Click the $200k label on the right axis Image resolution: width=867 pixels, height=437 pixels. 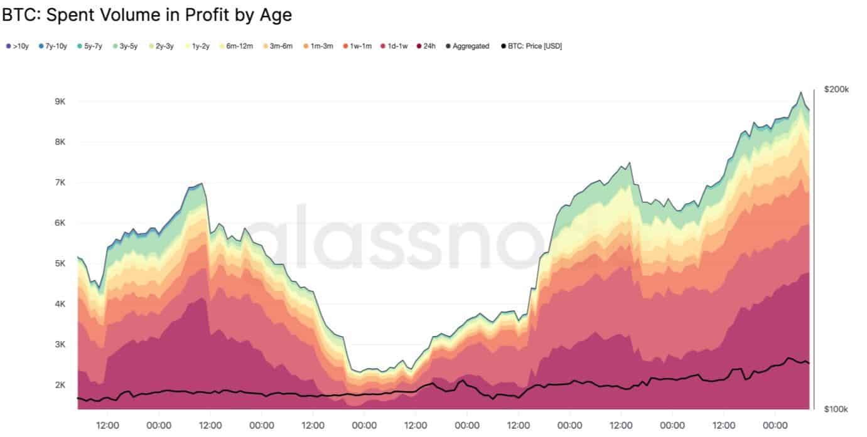pyautogui.click(x=836, y=90)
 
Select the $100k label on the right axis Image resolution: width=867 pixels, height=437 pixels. pyautogui.click(x=836, y=409)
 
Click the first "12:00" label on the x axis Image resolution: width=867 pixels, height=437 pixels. pyautogui.click(x=107, y=425)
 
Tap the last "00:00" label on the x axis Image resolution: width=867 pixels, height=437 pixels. pyautogui.click(x=775, y=425)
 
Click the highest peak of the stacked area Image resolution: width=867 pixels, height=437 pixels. pyautogui.click(x=800, y=92)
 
